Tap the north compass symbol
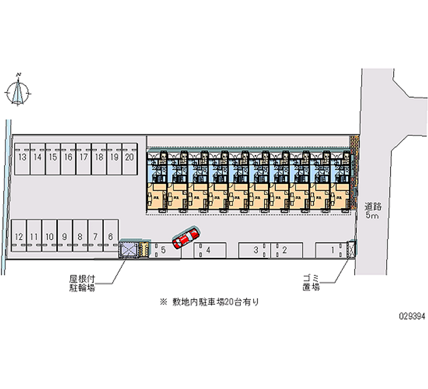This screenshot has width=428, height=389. coord(19,91)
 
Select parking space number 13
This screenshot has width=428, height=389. coord(22,158)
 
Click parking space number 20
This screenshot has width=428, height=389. coord(129,158)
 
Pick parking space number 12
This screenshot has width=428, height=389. coord(19,237)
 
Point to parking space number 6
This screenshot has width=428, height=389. coord(110,237)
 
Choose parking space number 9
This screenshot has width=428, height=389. coord(65,237)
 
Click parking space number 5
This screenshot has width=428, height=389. coord(164,249)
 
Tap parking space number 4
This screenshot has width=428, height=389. coord(208,249)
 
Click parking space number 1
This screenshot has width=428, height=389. coord(332,249)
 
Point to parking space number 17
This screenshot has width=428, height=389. coord(83,158)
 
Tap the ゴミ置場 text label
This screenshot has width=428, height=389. coord(311,282)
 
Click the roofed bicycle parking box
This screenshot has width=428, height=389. coord(128,249)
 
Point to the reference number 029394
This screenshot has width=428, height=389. coord(410,316)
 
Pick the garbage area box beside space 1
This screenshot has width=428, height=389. coord(351,249)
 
